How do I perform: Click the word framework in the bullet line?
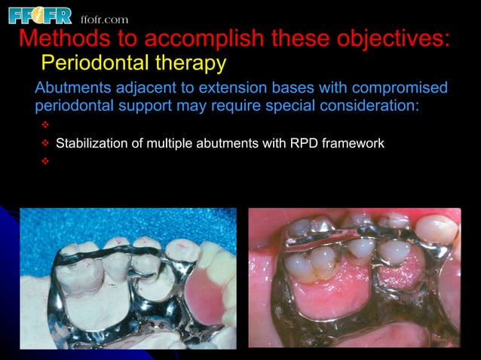point(352,143)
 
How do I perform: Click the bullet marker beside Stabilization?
point(45,143)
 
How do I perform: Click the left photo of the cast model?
point(127,279)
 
